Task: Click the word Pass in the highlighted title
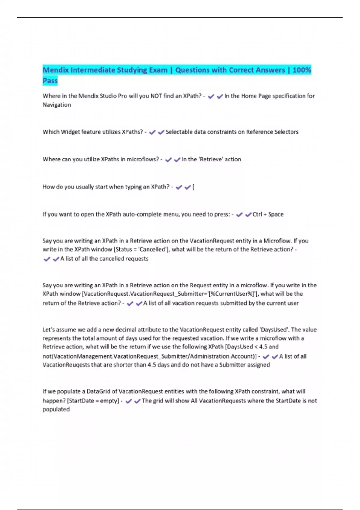click(50, 81)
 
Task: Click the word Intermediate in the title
click(92, 70)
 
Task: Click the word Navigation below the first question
click(57, 105)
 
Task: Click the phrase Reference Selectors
click(272, 132)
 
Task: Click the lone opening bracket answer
click(193, 187)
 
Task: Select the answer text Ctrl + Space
click(268, 214)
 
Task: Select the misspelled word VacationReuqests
click(66, 365)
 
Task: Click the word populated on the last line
click(56, 409)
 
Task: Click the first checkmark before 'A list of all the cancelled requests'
click(47, 259)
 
